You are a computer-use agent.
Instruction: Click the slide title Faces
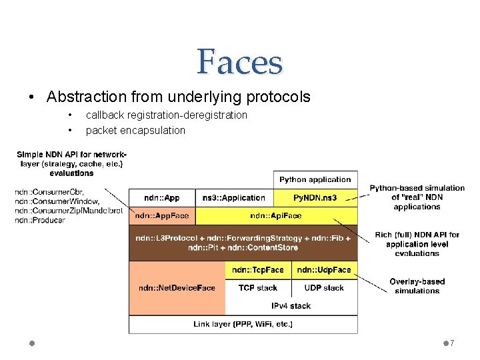click(239, 63)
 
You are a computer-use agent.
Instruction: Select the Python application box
click(315, 179)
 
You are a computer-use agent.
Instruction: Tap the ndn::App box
click(163, 197)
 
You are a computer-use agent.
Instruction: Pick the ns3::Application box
click(234, 197)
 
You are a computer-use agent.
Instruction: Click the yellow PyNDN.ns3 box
click(315, 197)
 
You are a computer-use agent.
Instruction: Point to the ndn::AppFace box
click(163, 215)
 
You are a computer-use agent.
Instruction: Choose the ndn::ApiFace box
click(276, 215)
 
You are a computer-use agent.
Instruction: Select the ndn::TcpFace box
click(258, 270)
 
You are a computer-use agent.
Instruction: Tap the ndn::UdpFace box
click(324, 270)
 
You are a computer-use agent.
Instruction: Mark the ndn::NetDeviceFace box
click(177, 288)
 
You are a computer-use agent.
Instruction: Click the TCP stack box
click(258, 288)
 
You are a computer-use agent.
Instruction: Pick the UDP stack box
click(324, 288)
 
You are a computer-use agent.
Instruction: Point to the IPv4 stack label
click(291, 306)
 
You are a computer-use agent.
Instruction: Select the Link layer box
click(243, 324)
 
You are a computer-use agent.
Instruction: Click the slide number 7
click(452, 343)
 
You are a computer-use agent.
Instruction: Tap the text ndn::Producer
click(40, 220)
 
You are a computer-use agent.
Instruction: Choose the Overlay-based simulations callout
click(417, 285)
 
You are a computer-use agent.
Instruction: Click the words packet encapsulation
click(135, 130)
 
